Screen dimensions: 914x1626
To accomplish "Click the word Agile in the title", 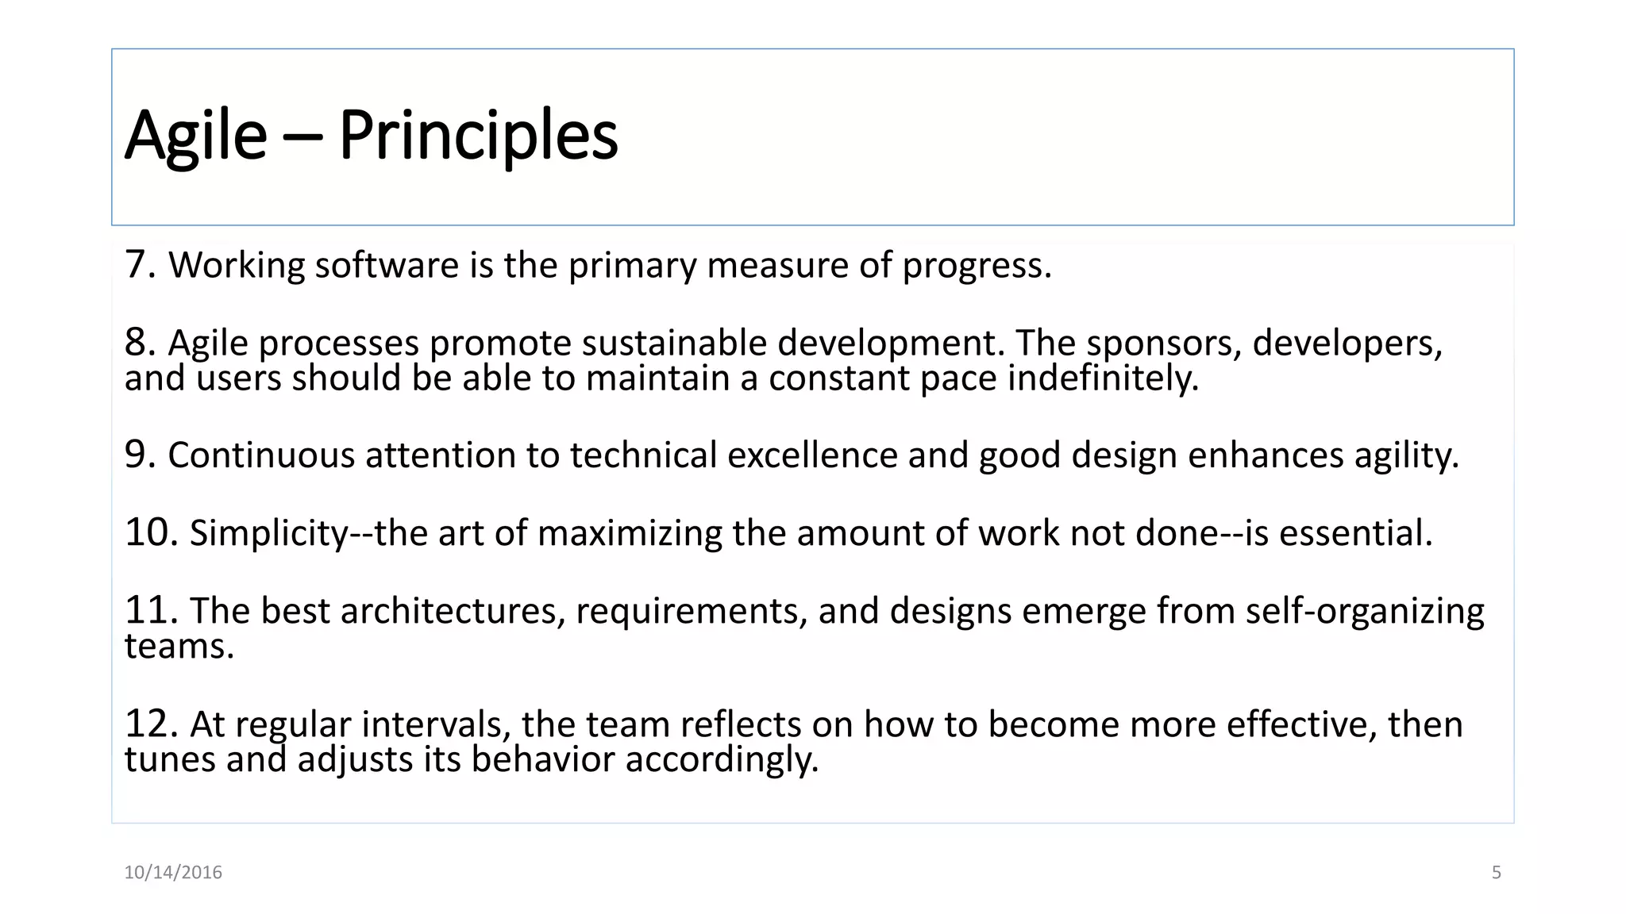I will pos(196,136).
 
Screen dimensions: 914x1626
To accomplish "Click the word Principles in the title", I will pos(478,136).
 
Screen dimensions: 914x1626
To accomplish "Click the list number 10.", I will pos(150,532).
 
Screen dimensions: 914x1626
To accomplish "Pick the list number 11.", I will pos(150,611).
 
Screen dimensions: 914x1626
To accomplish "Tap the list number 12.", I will pos(150,724).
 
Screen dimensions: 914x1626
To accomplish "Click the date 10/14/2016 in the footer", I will pos(173,873).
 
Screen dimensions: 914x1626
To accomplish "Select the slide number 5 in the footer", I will pos(1496,873).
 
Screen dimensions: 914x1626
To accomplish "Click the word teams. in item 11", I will pos(179,647).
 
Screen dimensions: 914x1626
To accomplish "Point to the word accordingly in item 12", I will pos(721,760).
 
